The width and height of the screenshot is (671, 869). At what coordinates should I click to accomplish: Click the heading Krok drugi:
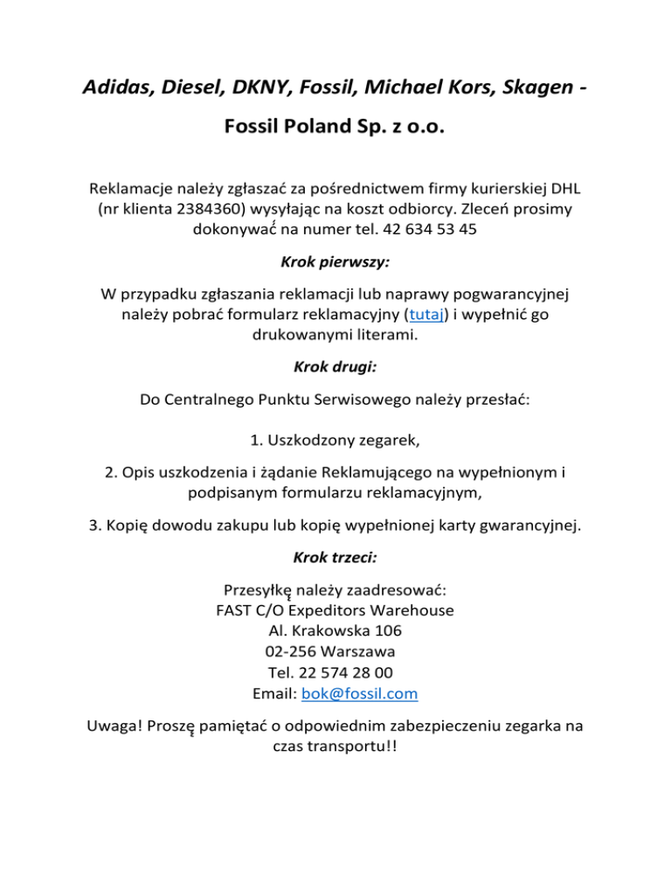[335, 369]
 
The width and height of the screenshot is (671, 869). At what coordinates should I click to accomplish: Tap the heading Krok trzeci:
[335, 554]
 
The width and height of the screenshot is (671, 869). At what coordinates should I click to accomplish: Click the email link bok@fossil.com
[358, 694]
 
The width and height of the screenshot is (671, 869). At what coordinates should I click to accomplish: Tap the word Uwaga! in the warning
[114, 726]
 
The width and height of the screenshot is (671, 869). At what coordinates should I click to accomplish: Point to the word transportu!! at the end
[356, 748]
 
